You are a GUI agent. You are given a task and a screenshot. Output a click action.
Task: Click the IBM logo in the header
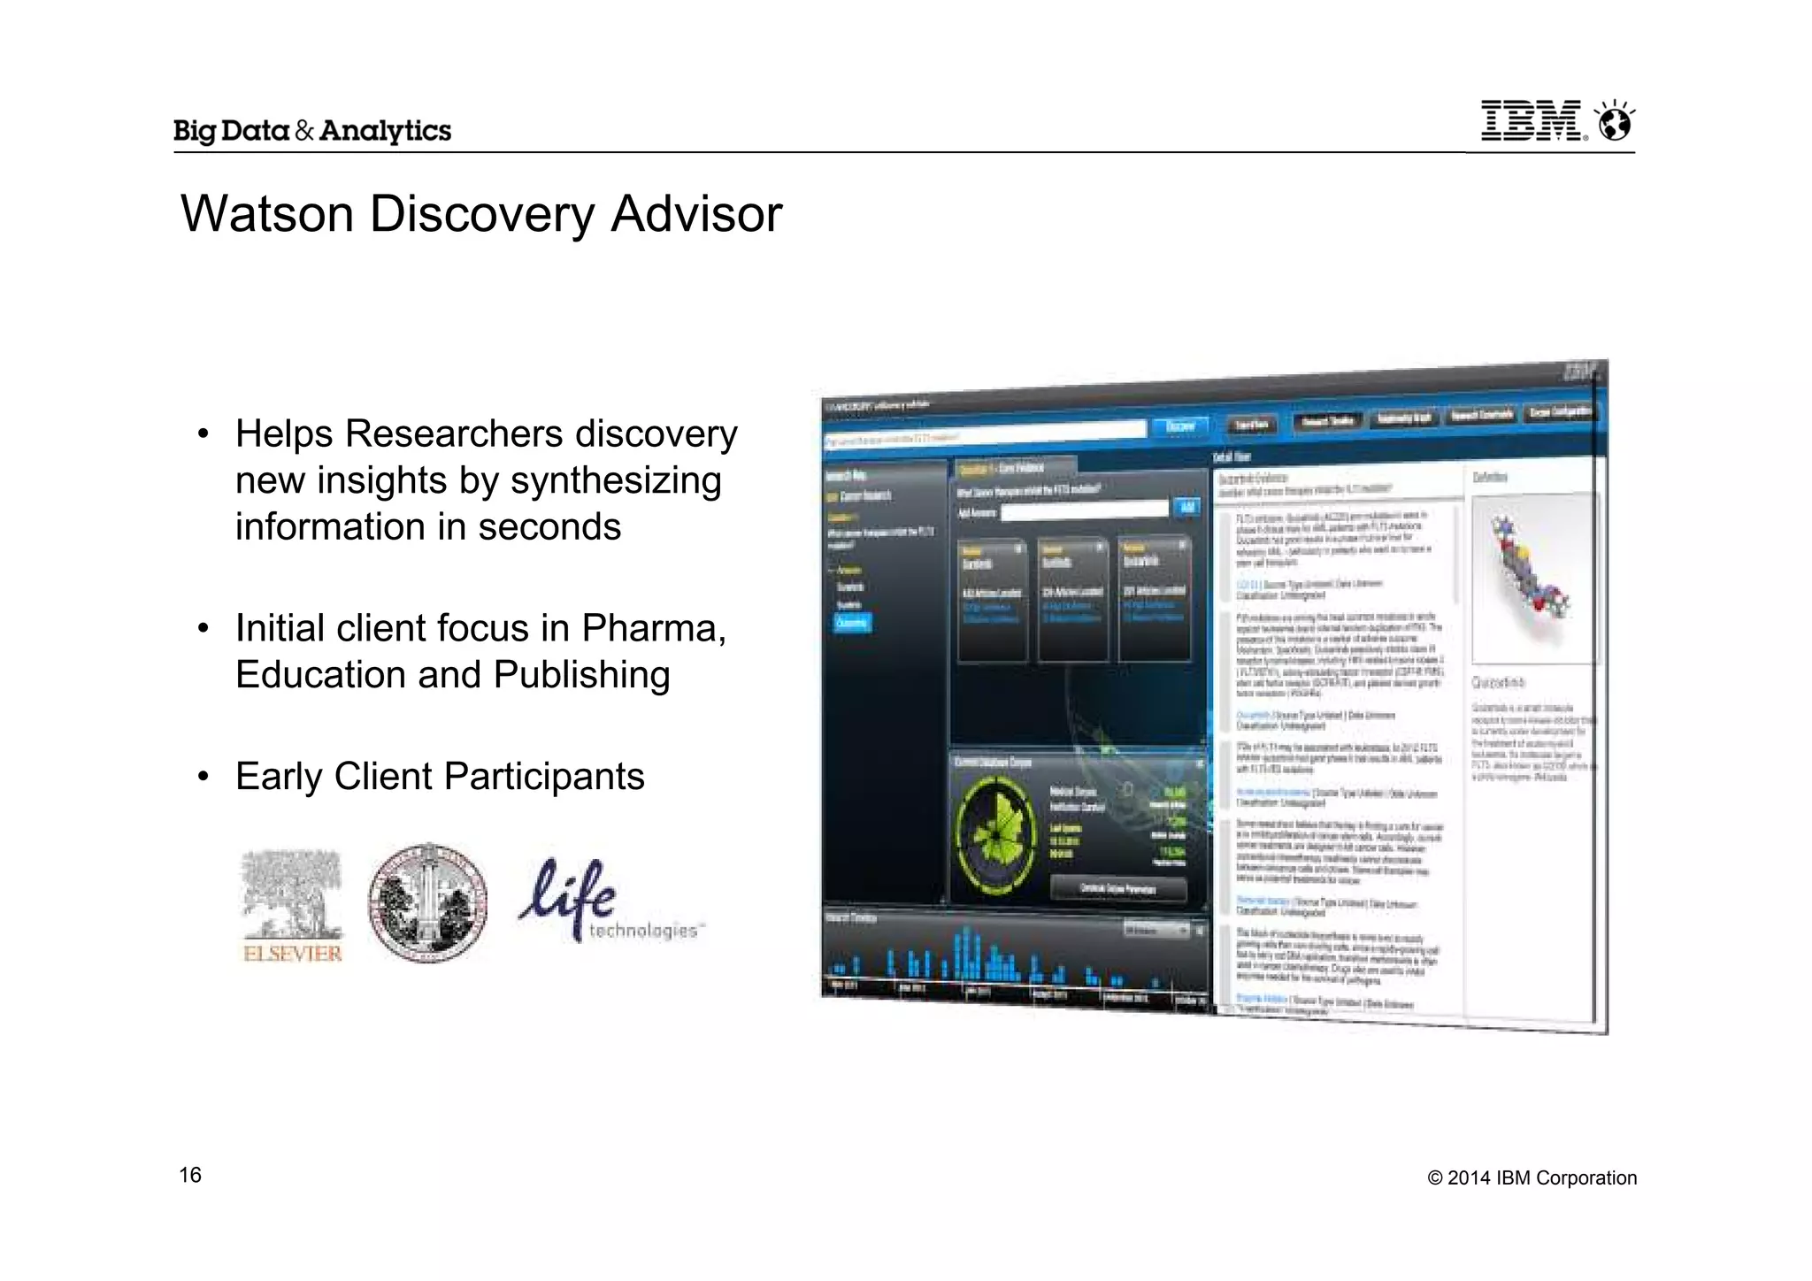click(1532, 121)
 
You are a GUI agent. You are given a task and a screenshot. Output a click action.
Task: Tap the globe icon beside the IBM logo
click(1615, 121)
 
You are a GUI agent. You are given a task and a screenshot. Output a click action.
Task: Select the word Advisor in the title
click(696, 214)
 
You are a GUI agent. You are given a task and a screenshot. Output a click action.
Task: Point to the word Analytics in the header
click(385, 131)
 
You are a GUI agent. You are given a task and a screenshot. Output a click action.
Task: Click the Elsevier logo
click(292, 905)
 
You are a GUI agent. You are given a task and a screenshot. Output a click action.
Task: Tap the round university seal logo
click(427, 902)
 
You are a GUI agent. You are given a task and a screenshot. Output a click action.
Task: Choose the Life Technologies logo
click(610, 901)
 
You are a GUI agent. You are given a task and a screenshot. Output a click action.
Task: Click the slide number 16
click(190, 1175)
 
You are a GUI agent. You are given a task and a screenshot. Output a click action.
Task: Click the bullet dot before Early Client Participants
click(203, 777)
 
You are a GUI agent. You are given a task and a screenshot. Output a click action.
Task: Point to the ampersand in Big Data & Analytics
click(304, 131)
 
